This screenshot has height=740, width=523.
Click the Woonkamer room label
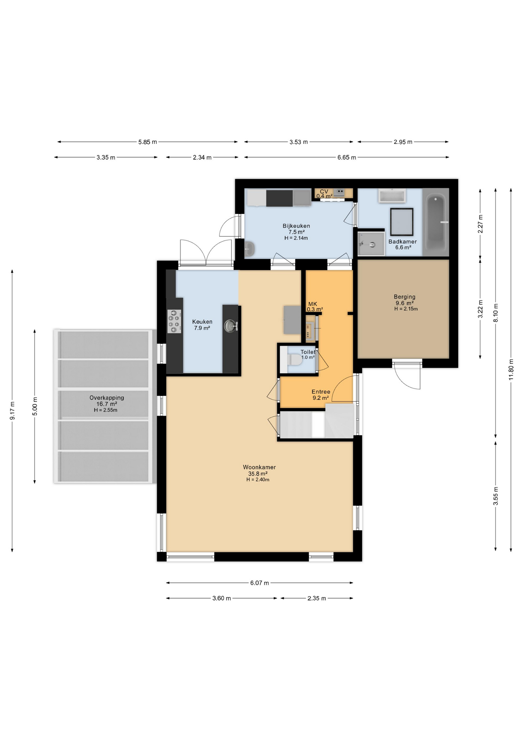[259, 467]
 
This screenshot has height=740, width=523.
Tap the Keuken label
[202, 321]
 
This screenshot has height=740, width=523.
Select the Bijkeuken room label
[296, 226]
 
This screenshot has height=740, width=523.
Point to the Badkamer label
[402, 242]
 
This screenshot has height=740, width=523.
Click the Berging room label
[404, 297]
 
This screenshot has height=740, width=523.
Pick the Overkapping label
[107, 398]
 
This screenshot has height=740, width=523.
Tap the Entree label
[321, 392]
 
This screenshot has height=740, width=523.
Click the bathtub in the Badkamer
[436, 222]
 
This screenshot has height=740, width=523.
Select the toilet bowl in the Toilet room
[295, 360]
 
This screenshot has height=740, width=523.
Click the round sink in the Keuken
[231, 326]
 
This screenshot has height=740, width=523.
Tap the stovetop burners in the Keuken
[174, 321]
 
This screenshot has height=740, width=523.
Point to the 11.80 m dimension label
[511, 370]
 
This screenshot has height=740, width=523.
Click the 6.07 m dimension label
[260, 583]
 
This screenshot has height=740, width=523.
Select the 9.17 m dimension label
[12, 411]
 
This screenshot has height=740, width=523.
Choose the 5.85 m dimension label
[148, 142]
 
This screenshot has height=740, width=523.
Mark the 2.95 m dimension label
[403, 142]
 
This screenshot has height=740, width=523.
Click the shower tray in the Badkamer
[371, 244]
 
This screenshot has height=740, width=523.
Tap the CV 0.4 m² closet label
[324, 193]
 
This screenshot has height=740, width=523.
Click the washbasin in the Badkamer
[392, 195]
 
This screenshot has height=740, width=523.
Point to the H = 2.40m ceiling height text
[258, 480]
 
